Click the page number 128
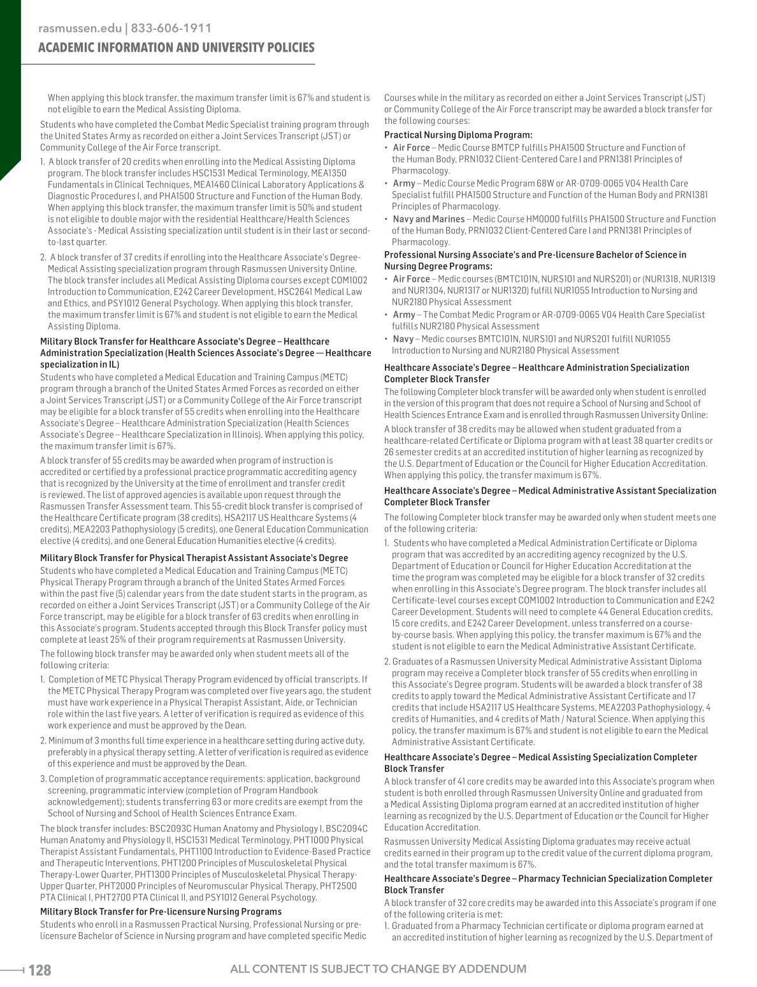click(39, 970)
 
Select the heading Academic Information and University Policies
click(177, 48)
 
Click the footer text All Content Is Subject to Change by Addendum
click(378, 969)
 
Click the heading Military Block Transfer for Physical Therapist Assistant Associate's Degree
click(194, 558)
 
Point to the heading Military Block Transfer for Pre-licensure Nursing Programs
click(161, 911)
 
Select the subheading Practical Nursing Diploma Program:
click(458, 135)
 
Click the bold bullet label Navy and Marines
click(428, 219)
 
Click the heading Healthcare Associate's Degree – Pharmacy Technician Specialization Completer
click(548, 878)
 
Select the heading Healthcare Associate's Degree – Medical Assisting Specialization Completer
click(540, 757)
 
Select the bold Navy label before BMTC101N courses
click(403, 339)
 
